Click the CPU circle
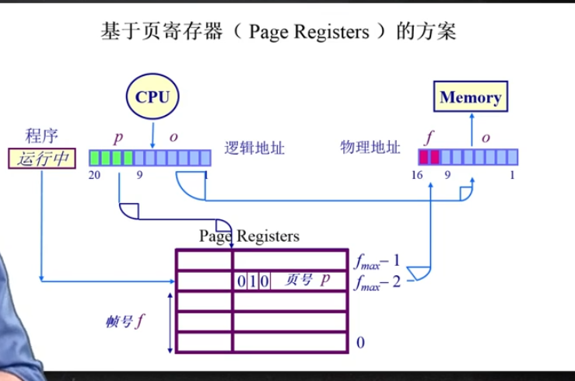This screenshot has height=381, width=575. point(152,96)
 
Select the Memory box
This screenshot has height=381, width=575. point(470,97)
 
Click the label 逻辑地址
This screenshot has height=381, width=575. point(254,148)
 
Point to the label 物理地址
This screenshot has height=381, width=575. point(370,147)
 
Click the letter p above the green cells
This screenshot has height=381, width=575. point(118,138)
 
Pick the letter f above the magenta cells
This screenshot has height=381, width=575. point(428,138)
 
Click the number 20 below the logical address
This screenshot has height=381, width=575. point(95,176)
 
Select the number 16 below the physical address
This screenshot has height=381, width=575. point(417,176)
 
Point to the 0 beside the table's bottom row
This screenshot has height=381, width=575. point(360,342)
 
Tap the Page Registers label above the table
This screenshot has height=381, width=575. point(249,236)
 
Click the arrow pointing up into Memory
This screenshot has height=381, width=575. point(469,128)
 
